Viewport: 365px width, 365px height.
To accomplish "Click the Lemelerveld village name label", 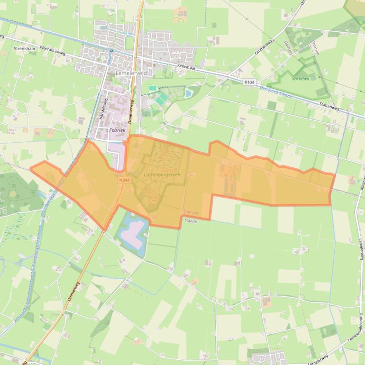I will pyautogui.click(x=131, y=73).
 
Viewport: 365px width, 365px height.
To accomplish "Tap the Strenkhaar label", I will pyautogui.click(x=25, y=48).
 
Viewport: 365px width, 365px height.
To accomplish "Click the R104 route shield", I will pyautogui.click(x=250, y=82).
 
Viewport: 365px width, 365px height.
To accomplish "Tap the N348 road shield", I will pyautogui.click(x=124, y=180).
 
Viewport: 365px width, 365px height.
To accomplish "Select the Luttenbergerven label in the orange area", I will pyautogui.click(x=162, y=174).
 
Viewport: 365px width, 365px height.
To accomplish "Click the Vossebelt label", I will pyautogui.click(x=301, y=79).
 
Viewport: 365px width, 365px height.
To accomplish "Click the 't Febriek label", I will pyautogui.click(x=114, y=130).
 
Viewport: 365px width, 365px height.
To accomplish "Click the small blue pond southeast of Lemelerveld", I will pyautogui.click(x=188, y=93).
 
